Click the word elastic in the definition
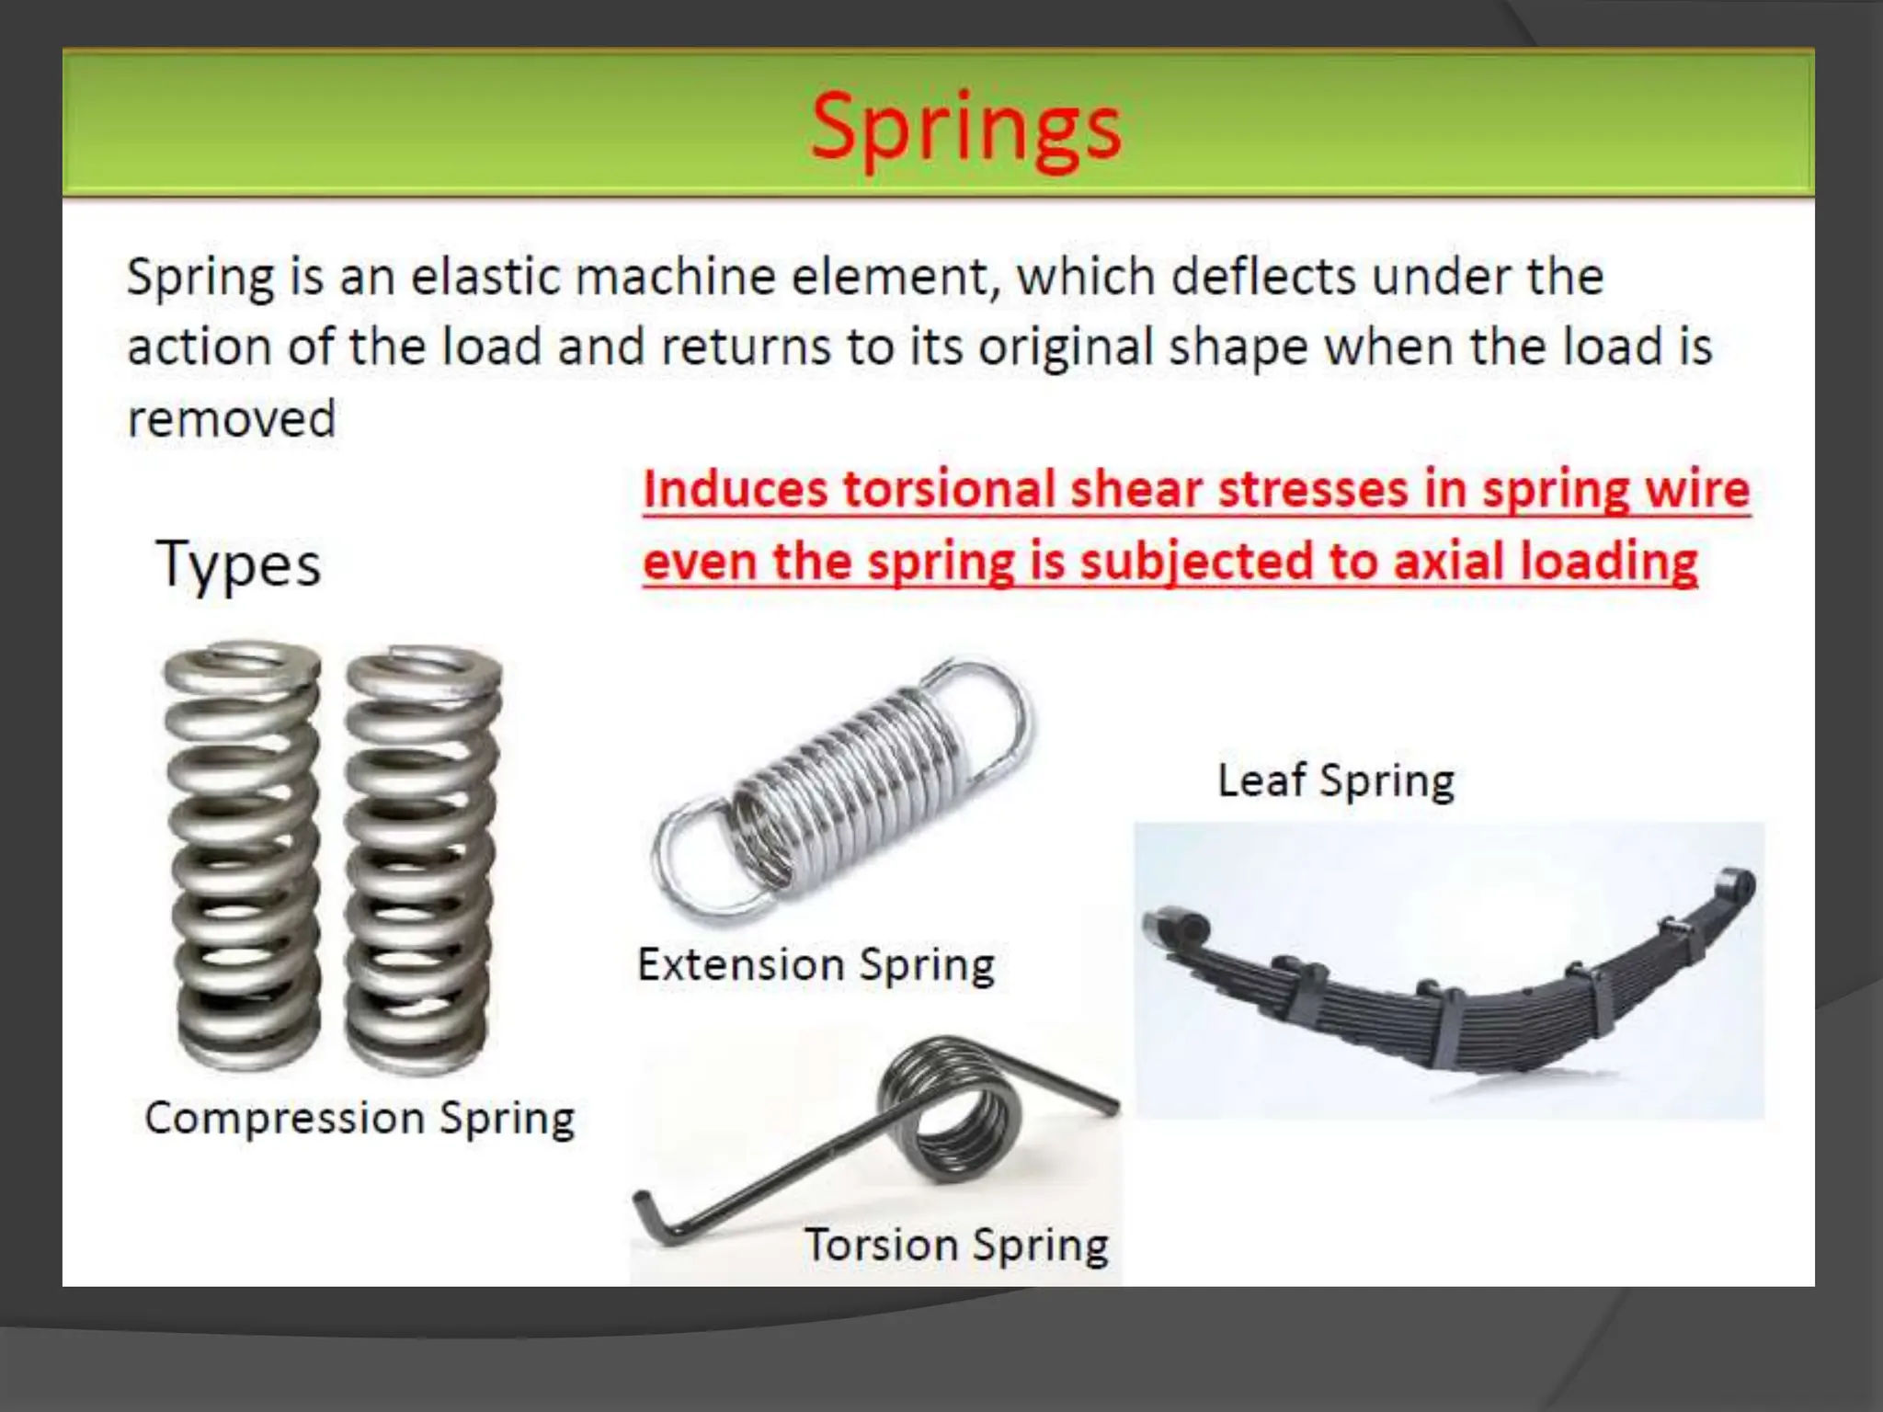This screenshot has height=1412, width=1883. pos(485,276)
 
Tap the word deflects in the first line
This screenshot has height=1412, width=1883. pos(1263,276)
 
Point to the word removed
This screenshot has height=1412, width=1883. pos(232,419)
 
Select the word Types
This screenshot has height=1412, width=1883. pos(239,564)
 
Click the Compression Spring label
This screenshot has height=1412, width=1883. pos(359,1119)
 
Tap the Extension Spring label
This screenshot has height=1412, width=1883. pos(816,965)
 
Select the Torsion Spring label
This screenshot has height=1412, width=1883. pos(956,1246)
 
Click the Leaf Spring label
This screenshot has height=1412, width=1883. pos(1336,781)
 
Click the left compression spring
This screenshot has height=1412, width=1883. pos(244,855)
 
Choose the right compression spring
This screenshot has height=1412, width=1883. pos(423,860)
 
